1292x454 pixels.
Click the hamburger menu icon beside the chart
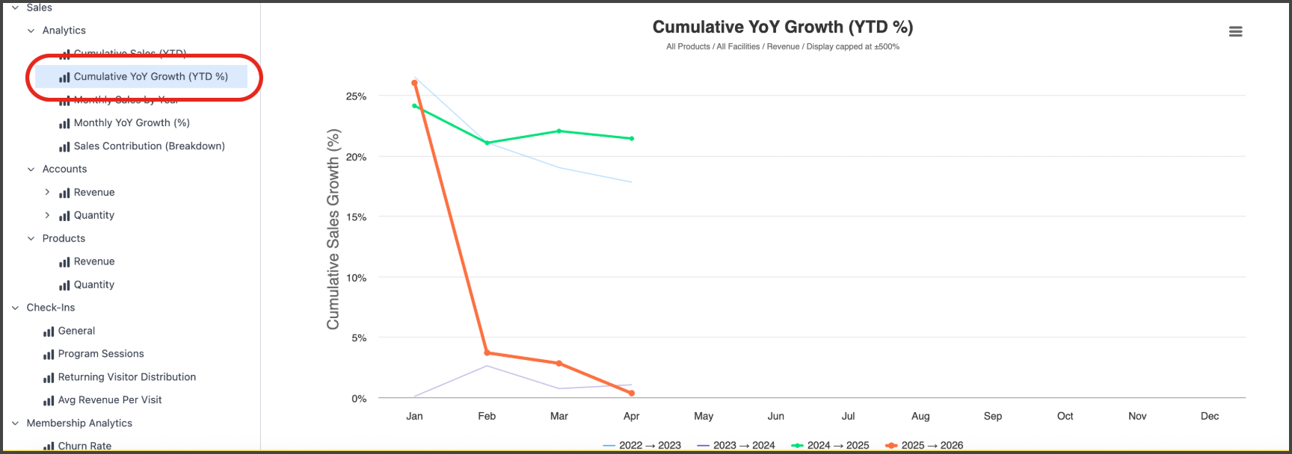point(1235,31)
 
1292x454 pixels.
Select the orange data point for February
point(487,352)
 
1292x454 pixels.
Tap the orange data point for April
point(632,393)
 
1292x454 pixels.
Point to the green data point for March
point(559,131)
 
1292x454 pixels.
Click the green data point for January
point(415,106)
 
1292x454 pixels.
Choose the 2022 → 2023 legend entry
point(642,445)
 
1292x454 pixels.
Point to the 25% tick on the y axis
point(356,96)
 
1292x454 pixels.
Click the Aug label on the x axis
point(920,416)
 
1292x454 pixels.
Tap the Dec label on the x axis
point(1209,416)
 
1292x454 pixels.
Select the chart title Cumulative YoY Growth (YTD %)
point(782,27)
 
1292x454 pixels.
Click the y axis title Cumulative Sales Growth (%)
point(333,229)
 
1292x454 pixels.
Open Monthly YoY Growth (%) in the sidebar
point(132,122)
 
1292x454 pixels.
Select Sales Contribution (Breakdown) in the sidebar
point(149,146)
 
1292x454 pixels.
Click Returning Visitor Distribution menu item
point(126,377)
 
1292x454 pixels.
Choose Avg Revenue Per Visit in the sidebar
point(110,399)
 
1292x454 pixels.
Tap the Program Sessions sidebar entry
point(101,354)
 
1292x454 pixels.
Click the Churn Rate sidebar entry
point(84,446)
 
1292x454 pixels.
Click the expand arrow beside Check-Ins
point(15,308)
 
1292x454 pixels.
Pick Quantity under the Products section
point(93,284)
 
